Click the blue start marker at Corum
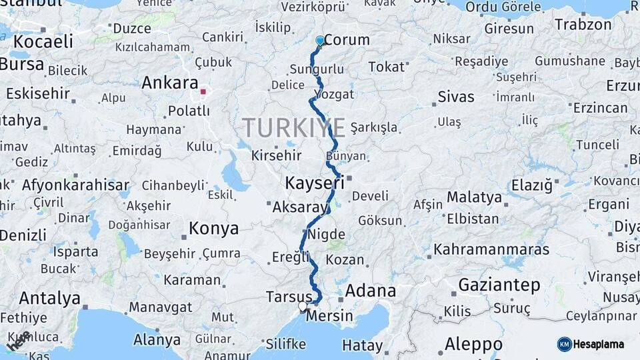pyautogui.click(x=320, y=41)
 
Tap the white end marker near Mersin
pyautogui.click(x=303, y=307)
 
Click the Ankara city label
pyautogui.click(x=169, y=83)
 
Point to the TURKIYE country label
pyautogui.click(x=293, y=127)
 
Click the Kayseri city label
pyautogui.click(x=315, y=182)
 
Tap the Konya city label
pyautogui.click(x=213, y=229)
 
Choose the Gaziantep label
pyautogui.click(x=499, y=285)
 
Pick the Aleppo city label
pyautogui.click(x=473, y=345)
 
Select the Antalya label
pyautogui.click(x=49, y=298)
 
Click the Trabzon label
pyautogui.click(x=583, y=25)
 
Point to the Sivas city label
pyautogui.click(x=456, y=97)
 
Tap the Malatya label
pyautogui.click(x=474, y=197)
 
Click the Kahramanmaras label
pyautogui.click(x=491, y=249)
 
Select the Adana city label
pyautogui.click(x=371, y=291)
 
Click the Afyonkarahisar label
pyautogui.click(x=75, y=185)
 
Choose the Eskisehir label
pyautogui.click(x=38, y=93)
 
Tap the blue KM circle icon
pyautogui.click(x=565, y=344)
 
